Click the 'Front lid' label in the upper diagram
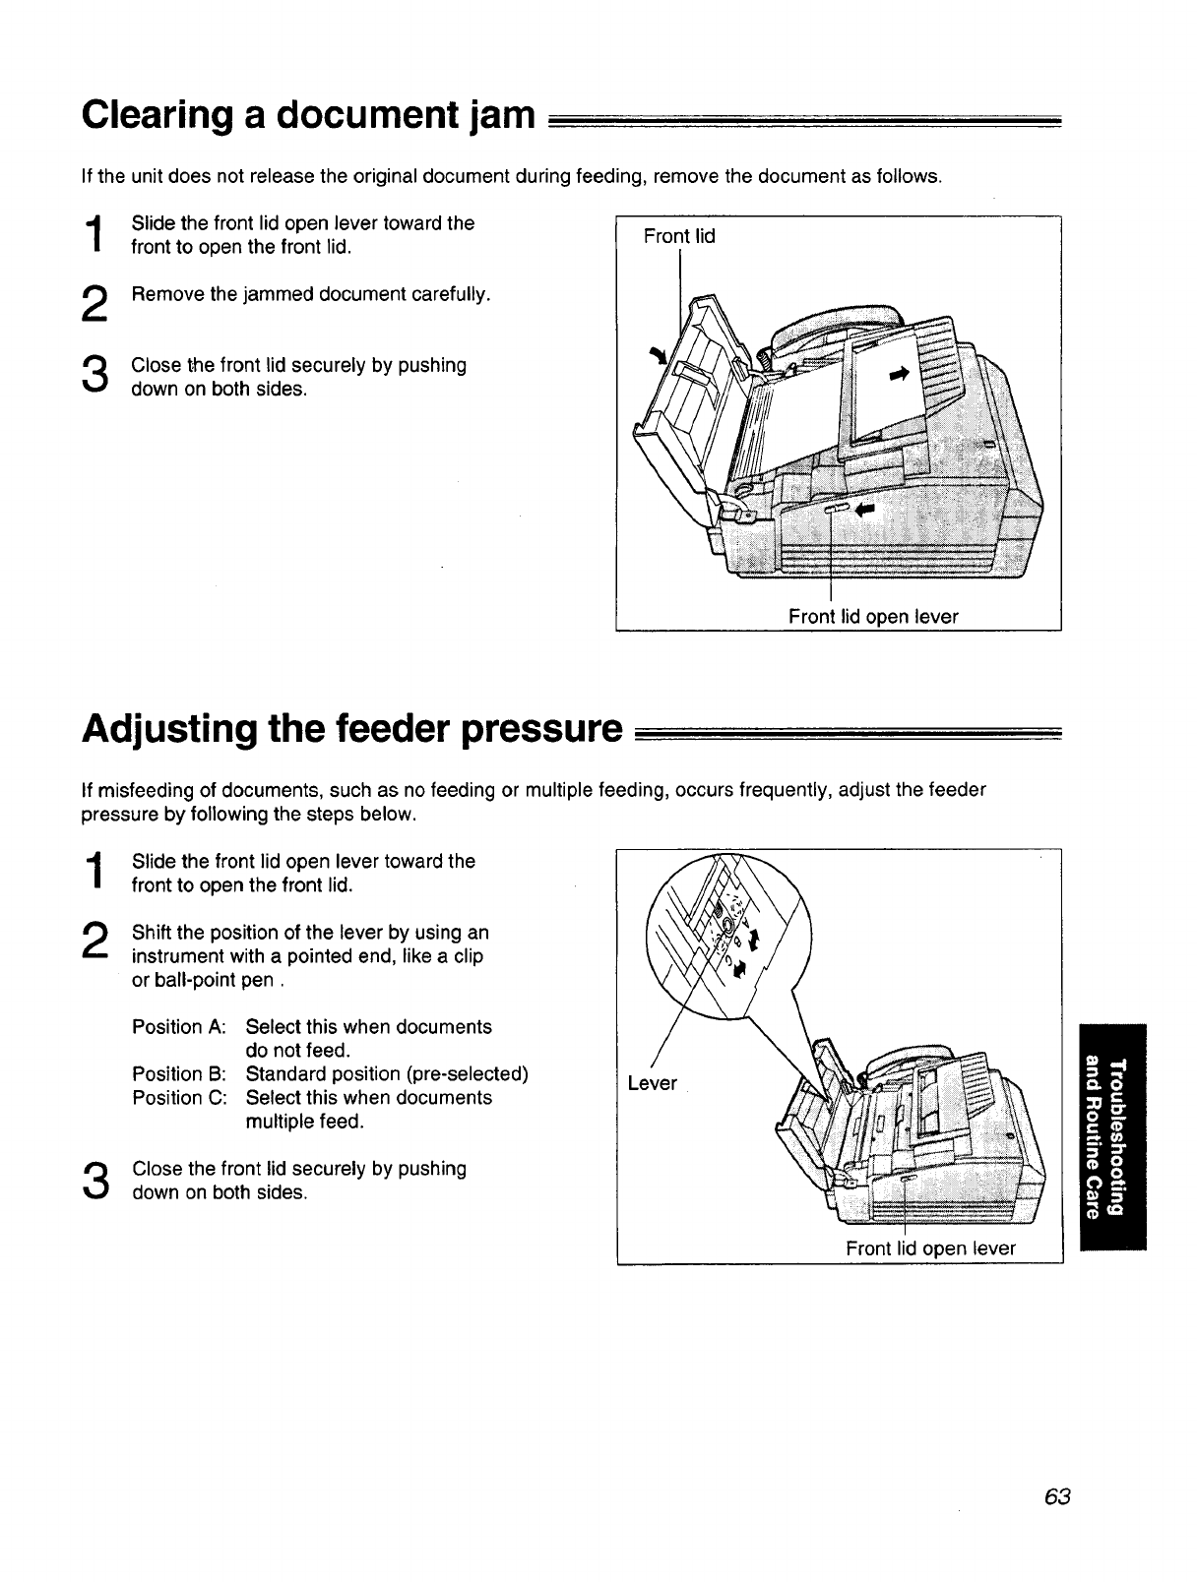[x=678, y=236]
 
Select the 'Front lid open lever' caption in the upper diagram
[x=872, y=616]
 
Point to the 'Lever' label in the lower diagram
[x=653, y=1083]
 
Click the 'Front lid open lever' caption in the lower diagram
[x=930, y=1248]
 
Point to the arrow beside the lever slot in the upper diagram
[x=864, y=509]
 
